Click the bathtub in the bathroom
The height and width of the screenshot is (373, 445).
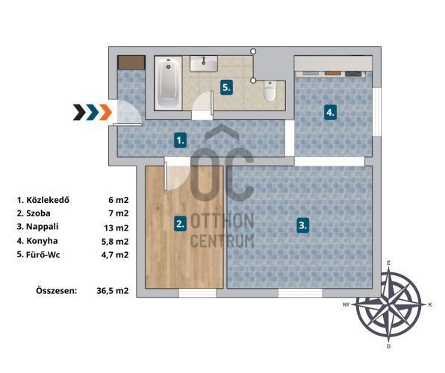pyautogui.click(x=168, y=83)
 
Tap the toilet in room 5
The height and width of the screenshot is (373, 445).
pyautogui.click(x=270, y=91)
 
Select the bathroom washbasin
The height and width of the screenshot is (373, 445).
pyautogui.click(x=204, y=63)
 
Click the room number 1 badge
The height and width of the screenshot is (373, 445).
pyautogui.click(x=181, y=140)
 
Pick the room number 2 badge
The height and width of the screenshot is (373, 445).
pyautogui.click(x=181, y=224)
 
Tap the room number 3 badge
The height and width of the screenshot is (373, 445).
pyautogui.click(x=303, y=225)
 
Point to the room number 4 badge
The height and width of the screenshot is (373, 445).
pyautogui.click(x=330, y=113)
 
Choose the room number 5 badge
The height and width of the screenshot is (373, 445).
pyautogui.click(x=226, y=87)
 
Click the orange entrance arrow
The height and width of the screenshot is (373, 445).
pyautogui.click(x=105, y=113)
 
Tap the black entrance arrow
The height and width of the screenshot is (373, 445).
pyautogui.click(x=79, y=113)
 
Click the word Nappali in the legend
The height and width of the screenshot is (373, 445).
pyautogui.click(x=43, y=227)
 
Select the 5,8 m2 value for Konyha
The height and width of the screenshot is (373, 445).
pyautogui.click(x=115, y=242)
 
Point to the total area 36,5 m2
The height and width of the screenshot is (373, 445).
pyautogui.click(x=113, y=291)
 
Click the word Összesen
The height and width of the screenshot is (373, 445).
pyautogui.click(x=57, y=290)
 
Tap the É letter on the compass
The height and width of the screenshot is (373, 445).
pyautogui.click(x=388, y=263)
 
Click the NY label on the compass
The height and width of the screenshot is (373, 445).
pyautogui.click(x=346, y=304)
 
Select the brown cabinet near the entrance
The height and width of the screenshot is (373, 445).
pyautogui.click(x=131, y=63)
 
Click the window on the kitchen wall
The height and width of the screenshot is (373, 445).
pyautogui.click(x=376, y=112)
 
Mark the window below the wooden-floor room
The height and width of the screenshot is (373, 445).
pyautogui.click(x=197, y=293)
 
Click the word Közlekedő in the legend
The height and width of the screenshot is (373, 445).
pyautogui.click(x=48, y=200)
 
